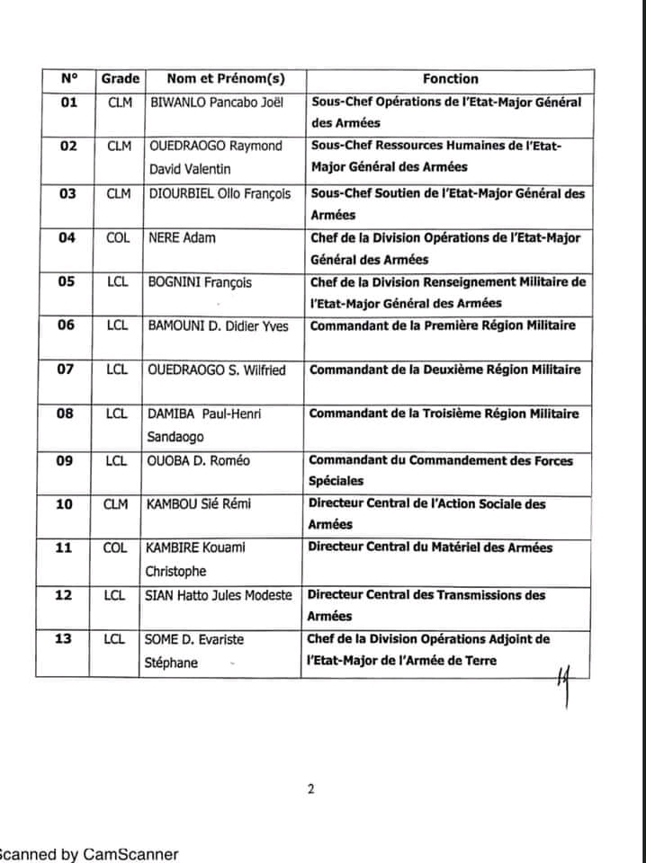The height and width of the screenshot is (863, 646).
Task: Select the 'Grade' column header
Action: tap(120, 79)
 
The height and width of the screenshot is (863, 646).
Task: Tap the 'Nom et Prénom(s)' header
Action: tap(220, 79)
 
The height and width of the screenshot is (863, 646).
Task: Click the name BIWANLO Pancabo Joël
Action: tap(216, 102)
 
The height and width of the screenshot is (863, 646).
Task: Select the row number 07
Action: tap(67, 369)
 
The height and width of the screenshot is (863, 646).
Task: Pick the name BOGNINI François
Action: tap(200, 282)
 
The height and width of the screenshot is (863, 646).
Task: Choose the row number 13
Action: tap(67, 639)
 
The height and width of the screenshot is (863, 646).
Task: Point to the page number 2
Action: tap(310, 790)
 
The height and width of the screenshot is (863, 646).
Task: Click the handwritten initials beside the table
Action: tap(565, 681)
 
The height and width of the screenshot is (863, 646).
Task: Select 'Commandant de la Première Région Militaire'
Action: tap(443, 325)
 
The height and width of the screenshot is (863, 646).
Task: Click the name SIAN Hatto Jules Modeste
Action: tap(219, 595)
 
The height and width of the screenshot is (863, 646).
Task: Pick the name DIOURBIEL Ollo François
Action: tap(220, 193)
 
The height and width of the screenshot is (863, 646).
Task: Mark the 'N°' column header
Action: tap(70, 79)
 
